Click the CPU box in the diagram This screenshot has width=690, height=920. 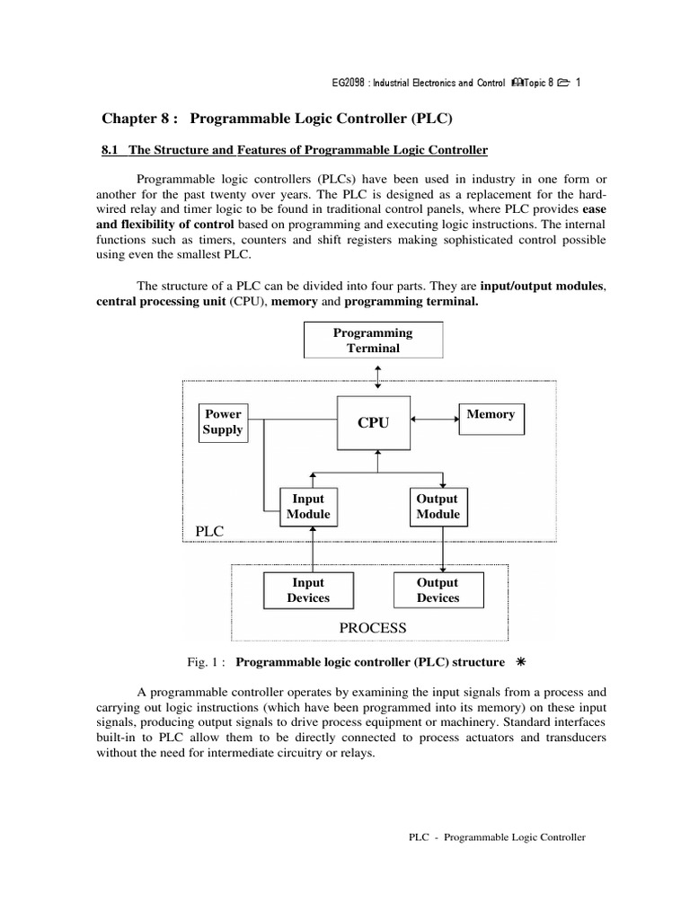coord(374,422)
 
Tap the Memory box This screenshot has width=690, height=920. coord(491,418)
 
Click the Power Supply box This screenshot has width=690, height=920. coord(223,422)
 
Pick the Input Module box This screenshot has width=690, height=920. coord(308,507)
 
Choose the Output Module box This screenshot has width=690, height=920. coord(438,507)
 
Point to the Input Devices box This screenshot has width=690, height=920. coord(308,590)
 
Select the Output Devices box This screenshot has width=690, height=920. coord(438,590)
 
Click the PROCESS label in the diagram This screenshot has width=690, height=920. coord(373,628)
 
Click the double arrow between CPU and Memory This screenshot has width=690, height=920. coord(436,417)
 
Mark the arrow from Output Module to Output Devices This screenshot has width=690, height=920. coord(442,549)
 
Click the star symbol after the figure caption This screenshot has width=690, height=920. coord(520,662)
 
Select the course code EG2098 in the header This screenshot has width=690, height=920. coord(349,84)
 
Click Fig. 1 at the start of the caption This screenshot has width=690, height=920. coord(203,663)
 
